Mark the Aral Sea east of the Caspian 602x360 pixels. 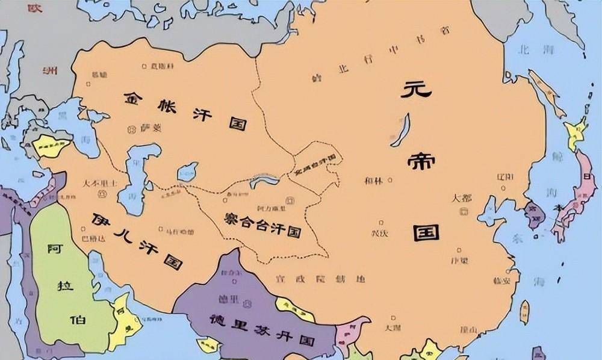point(187,172)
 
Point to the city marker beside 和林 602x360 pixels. point(391,180)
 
